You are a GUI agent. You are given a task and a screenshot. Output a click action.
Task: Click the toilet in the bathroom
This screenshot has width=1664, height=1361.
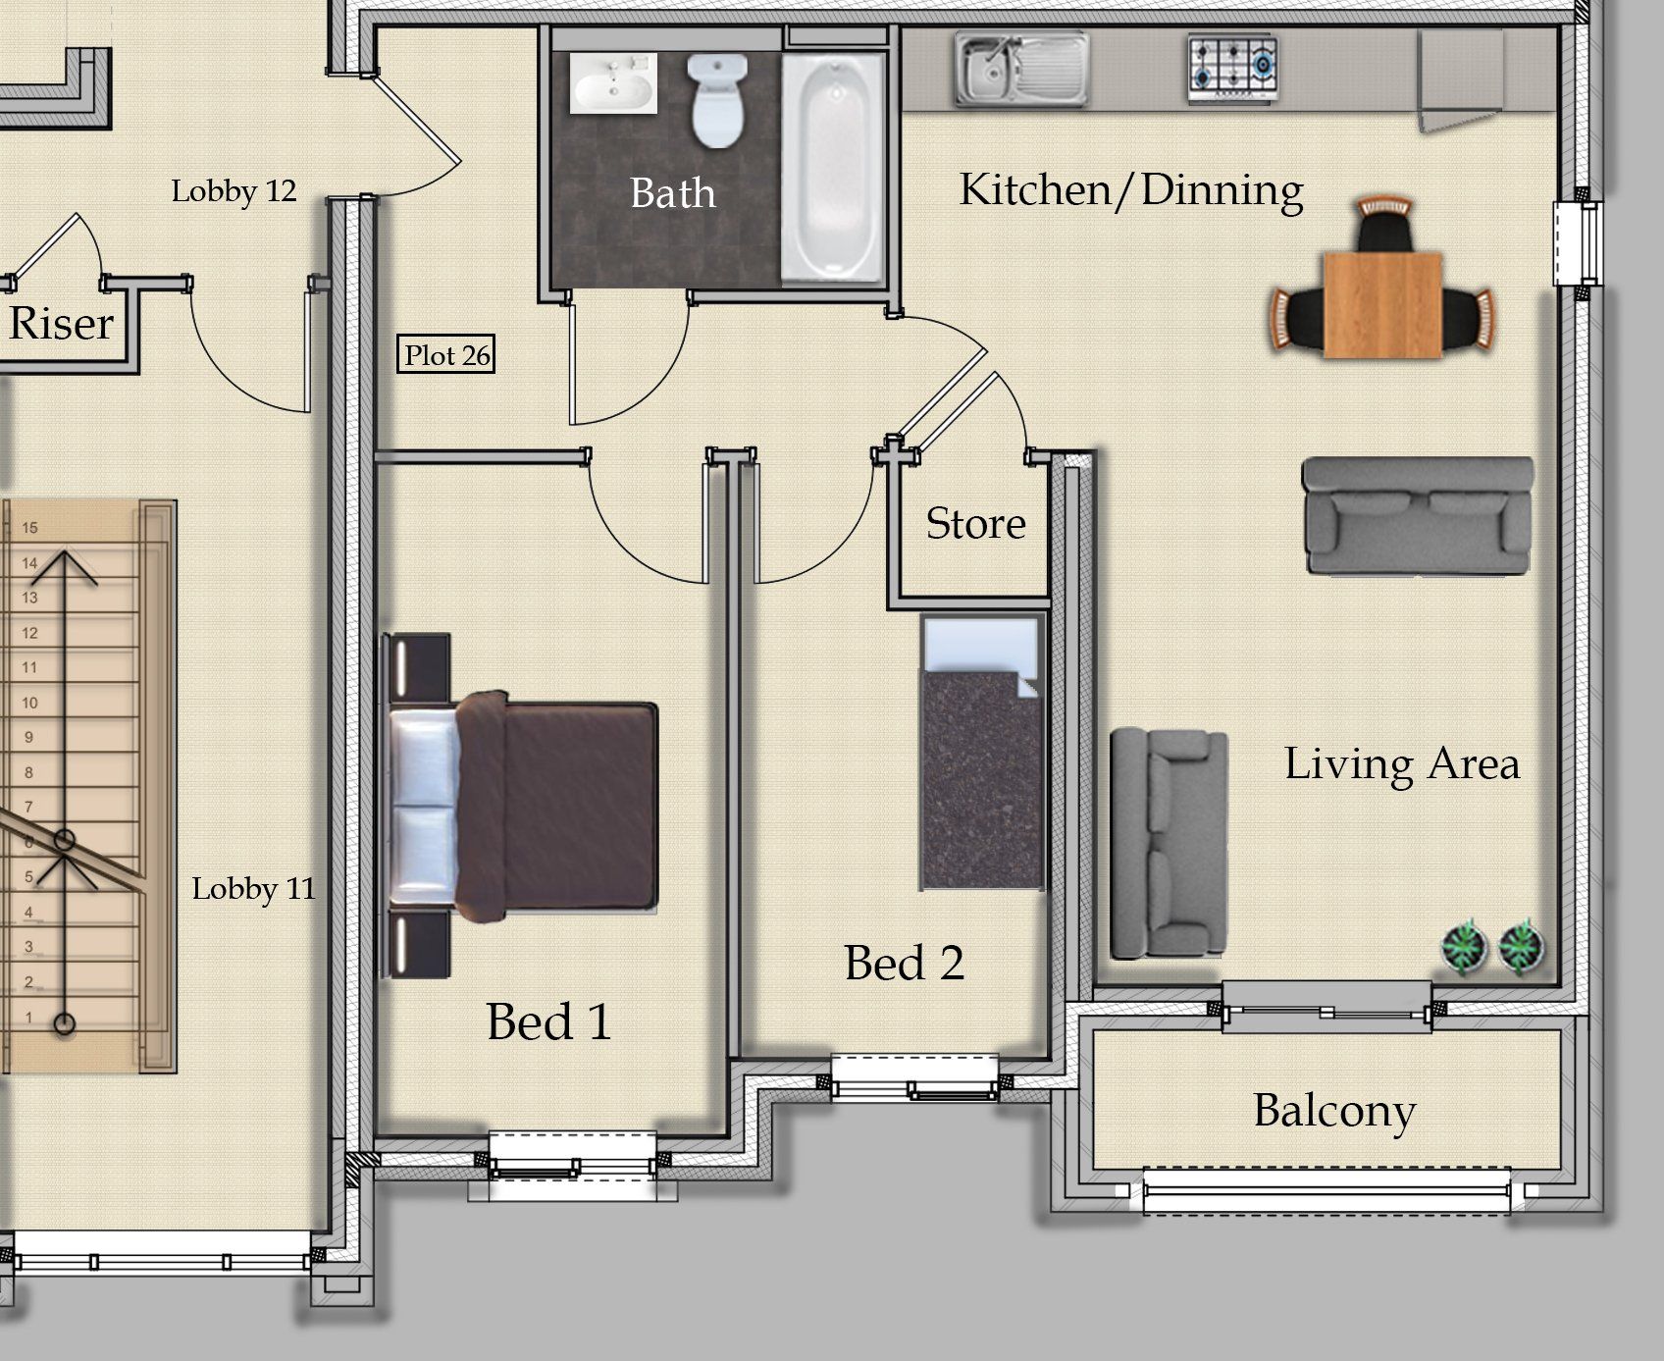[x=717, y=100]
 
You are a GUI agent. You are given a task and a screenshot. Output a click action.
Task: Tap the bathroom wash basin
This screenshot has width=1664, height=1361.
[x=613, y=82]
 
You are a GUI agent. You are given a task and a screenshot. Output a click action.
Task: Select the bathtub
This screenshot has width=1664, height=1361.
[x=833, y=167]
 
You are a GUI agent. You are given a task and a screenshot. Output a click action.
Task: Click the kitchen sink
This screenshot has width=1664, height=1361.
[x=1022, y=69]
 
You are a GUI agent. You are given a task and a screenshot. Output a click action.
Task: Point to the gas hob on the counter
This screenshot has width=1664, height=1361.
[x=1233, y=68]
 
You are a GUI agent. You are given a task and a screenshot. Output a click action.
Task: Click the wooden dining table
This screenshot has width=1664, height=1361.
[x=1382, y=305]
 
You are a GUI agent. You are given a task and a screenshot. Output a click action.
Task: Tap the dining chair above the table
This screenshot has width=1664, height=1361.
[x=1384, y=225]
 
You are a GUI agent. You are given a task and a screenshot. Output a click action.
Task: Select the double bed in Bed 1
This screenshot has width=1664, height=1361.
[x=520, y=805]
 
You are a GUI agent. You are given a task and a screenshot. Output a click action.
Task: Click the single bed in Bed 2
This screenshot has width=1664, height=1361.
[x=981, y=753]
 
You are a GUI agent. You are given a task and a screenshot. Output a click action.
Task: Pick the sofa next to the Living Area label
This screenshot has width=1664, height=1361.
[x=1169, y=843]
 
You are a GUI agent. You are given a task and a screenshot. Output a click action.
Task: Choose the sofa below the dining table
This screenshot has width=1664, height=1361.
[x=1417, y=515]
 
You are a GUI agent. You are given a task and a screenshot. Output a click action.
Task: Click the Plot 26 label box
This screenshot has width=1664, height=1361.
[x=448, y=354]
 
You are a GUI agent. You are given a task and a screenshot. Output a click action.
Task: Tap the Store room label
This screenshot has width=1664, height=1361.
[x=976, y=523]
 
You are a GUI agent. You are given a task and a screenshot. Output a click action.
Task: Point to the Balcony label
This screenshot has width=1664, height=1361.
[x=1334, y=1111]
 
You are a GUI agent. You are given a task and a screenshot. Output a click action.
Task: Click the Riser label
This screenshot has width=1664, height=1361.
[x=61, y=323]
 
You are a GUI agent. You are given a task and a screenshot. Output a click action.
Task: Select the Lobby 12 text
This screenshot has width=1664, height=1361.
[x=234, y=190]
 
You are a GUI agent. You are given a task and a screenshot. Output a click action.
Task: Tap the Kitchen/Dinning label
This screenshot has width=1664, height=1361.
[x=1131, y=190]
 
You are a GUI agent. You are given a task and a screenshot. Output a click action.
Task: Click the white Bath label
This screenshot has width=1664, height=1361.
[x=673, y=193]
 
